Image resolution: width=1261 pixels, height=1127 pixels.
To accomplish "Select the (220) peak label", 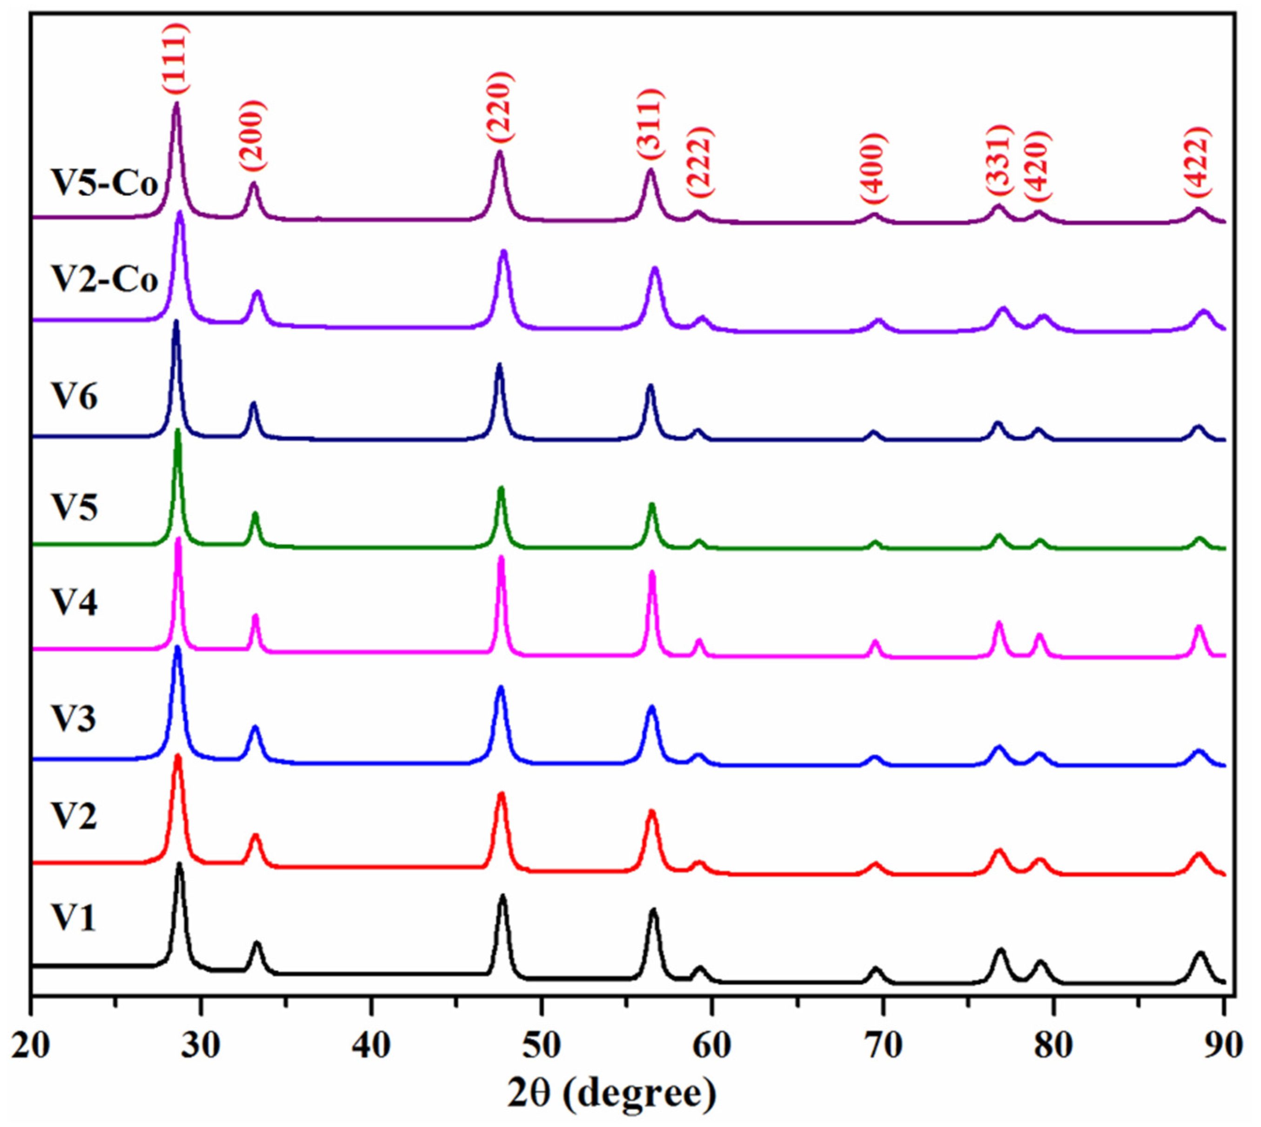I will [499, 107].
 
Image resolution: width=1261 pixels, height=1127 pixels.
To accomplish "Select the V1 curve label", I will [73, 917].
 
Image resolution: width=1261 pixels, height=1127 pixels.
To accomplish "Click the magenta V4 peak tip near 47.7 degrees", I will [501, 558].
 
